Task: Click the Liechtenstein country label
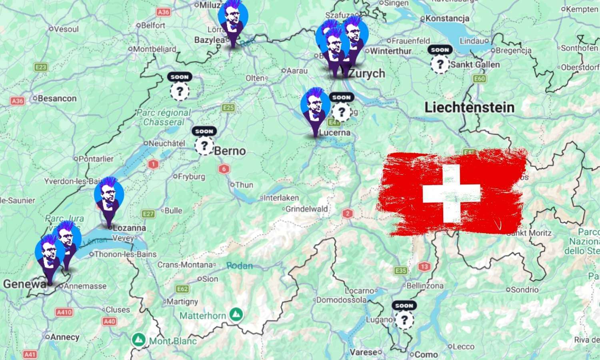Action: coord(469,107)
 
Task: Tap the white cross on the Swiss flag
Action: coord(452,194)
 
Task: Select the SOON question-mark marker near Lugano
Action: coord(404,319)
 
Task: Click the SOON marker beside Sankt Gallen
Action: coord(440,63)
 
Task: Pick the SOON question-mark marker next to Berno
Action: coord(204,144)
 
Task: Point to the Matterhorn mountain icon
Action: coord(237,314)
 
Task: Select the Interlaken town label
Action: coord(281,198)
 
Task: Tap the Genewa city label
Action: coord(25,284)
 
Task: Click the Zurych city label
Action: coord(367,74)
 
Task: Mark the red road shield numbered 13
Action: coord(424,266)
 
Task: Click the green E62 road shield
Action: coord(182,289)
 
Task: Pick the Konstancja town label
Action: coord(447,18)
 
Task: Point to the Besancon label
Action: coord(57,98)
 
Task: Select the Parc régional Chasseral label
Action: coord(164,118)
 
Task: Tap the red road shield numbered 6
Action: coord(224,169)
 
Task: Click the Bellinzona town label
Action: coord(425,286)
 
